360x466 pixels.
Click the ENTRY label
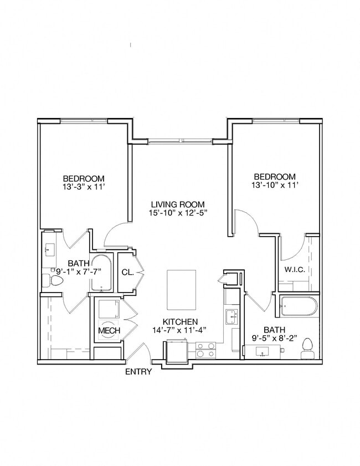click(138, 372)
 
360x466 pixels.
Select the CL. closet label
click(126, 272)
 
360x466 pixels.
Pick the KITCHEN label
click(180, 321)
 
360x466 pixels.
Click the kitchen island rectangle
click(182, 290)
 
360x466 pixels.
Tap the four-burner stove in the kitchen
click(205, 350)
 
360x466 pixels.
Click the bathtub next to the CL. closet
click(101, 273)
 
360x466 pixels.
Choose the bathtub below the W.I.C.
click(298, 306)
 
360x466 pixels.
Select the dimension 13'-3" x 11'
click(84, 187)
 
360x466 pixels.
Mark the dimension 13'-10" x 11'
click(275, 185)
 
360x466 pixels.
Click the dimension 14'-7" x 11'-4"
click(180, 331)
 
